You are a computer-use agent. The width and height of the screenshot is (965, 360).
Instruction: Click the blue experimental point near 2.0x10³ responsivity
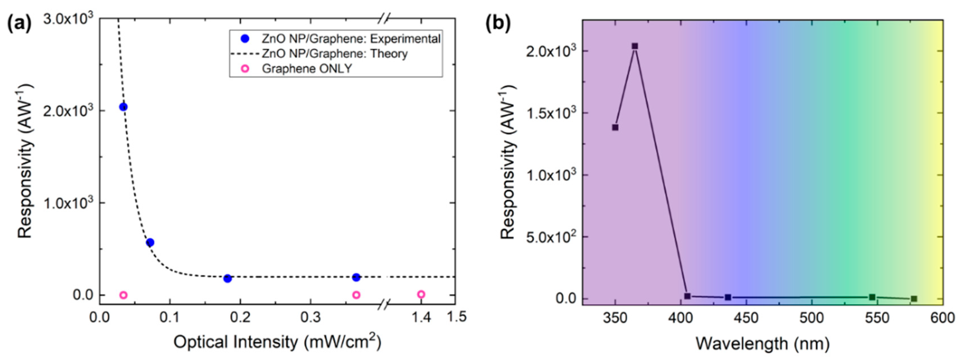pyautogui.click(x=123, y=107)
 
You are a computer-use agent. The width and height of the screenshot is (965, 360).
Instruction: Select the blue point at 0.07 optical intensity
pyautogui.click(x=150, y=242)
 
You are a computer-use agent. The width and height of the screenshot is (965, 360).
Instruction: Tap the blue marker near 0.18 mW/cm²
pyautogui.click(x=227, y=278)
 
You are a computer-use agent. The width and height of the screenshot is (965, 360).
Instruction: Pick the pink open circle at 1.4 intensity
pyautogui.click(x=421, y=294)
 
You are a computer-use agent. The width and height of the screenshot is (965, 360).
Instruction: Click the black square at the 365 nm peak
pyautogui.click(x=635, y=46)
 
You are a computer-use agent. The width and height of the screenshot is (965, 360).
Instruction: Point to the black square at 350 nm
pyautogui.click(x=615, y=127)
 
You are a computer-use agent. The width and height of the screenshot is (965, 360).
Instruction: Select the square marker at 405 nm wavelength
pyautogui.click(x=687, y=296)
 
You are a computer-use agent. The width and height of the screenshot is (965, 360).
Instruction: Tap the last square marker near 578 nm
pyautogui.click(x=914, y=299)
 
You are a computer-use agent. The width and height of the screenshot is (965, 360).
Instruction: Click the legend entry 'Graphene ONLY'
pyautogui.click(x=307, y=69)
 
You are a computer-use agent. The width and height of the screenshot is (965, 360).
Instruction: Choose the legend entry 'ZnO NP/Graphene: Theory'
pyautogui.click(x=334, y=54)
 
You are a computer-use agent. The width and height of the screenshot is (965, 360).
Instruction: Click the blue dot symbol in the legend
pyautogui.click(x=245, y=38)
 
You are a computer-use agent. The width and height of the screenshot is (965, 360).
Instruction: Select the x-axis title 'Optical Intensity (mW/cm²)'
pyautogui.click(x=277, y=342)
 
